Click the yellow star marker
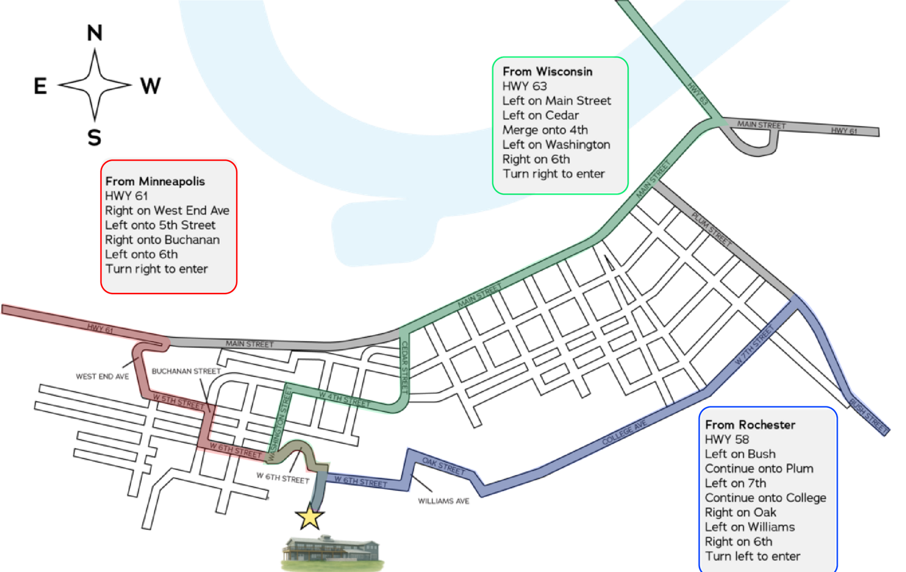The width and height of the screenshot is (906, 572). pyautogui.click(x=310, y=516)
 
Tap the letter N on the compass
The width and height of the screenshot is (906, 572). pyautogui.click(x=95, y=33)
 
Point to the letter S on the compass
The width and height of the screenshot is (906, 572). pyautogui.click(x=94, y=138)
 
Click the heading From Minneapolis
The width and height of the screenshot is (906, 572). pyautogui.click(x=155, y=181)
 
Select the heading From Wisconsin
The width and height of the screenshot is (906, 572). pyautogui.click(x=547, y=72)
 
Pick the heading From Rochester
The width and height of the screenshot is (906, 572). pyautogui.click(x=750, y=425)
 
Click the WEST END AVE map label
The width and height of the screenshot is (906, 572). pyautogui.click(x=102, y=377)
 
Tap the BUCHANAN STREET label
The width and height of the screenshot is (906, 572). pyautogui.click(x=187, y=371)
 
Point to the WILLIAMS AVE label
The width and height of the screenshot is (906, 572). pyautogui.click(x=444, y=501)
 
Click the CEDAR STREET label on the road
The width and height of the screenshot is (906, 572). pyautogui.click(x=405, y=367)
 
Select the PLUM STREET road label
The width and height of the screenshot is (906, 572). pyautogui.click(x=712, y=230)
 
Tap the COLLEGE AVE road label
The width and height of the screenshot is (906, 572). pyautogui.click(x=624, y=433)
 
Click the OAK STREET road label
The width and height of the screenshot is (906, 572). pyautogui.click(x=443, y=466)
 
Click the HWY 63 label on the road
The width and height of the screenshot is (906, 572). pyautogui.click(x=698, y=94)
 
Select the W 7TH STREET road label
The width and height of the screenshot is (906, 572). pyautogui.click(x=754, y=345)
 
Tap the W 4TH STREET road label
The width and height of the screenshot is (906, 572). pyautogui.click(x=345, y=399)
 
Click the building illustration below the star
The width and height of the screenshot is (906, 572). pyautogui.click(x=332, y=553)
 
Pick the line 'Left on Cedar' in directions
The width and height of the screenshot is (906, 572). pyautogui.click(x=541, y=115)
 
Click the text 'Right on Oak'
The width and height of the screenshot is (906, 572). pyautogui.click(x=740, y=513)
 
